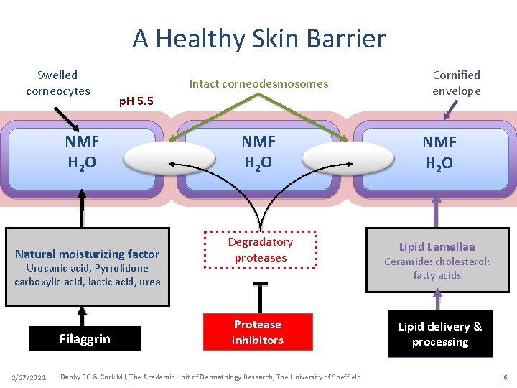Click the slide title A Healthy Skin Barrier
click(x=258, y=38)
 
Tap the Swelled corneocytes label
click(x=57, y=83)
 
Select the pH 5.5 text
click(x=136, y=101)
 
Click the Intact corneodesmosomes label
click(x=258, y=84)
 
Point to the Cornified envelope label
click(x=456, y=83)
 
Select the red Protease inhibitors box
click(x=258, y=332)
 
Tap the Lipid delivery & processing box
click(x=440, y=334)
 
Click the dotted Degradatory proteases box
click(x=260, y=250)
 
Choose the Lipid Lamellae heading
click(x=437, y=246)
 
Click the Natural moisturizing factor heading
click(x=87, y=254)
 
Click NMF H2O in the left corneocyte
click(x=83, y=152)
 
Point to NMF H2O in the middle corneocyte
click(x=258, y=152)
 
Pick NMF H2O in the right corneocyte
click(x=439, y=152)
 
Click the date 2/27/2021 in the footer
click(x=29, y=377)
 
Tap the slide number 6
click(x=505, y=377)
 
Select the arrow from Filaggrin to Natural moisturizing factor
click(x=83, y=316)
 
